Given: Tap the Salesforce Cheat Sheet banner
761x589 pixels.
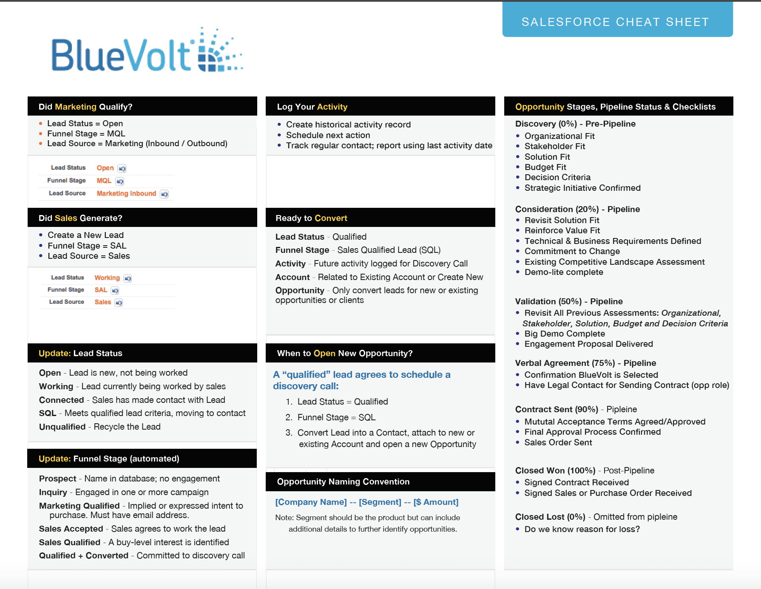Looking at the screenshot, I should (x=617, y=21).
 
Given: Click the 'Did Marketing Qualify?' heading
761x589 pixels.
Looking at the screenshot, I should (x=85, y=107).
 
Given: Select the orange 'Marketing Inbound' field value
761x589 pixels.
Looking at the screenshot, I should (x=126, y=193).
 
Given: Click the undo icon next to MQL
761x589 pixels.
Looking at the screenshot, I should (x=120, y=181).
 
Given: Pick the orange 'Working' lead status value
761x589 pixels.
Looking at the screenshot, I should (x=107, y=278).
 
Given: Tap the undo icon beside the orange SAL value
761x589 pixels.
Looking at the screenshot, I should (x=115, y=290).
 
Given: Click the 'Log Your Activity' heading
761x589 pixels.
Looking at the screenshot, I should (x=312, y=107).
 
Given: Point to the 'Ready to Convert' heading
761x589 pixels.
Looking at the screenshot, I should (x=311, y=218).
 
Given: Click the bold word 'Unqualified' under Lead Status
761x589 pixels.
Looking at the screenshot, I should (x=62, y=427).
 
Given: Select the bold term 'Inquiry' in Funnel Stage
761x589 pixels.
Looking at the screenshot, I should (x=53, y=492).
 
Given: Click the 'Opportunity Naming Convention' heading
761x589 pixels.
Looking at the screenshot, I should (x=343, y=481).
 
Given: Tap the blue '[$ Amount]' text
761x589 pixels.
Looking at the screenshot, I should (x=436, y=502).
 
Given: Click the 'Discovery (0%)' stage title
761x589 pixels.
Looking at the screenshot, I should (x=546, y=124).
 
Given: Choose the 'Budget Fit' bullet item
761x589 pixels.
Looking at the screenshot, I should (x=545, y=167).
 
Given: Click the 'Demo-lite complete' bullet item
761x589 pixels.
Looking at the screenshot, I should (x=564, y=272).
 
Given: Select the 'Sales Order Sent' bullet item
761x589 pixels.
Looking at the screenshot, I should (x=558, y=442).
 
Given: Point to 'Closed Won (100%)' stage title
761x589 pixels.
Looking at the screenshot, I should (x=555, y=470).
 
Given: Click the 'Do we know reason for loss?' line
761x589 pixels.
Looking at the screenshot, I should (x=582, y=529).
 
